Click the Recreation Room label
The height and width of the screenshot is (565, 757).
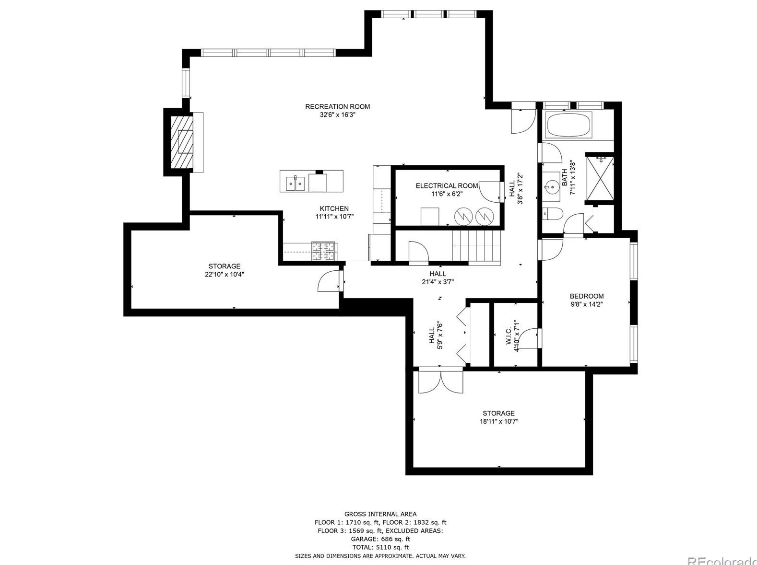tap(337, 106)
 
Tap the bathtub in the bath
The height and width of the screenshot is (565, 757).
tap(569, 125)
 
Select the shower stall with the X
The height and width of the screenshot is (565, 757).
tap(600, 178)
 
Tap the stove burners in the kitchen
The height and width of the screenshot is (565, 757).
tap(324, 252)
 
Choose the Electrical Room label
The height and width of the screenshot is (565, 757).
tap(447, 186)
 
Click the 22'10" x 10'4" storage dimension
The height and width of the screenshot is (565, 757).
tap(225, 275)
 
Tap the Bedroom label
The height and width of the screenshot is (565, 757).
tap(586, 296)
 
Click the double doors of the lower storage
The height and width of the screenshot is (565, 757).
tap(440, 381)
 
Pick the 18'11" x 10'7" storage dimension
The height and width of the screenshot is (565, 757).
tap(499, 422)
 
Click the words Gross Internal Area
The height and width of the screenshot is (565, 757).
tap(380, 514)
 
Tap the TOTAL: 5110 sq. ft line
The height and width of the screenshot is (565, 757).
tap(380, 547)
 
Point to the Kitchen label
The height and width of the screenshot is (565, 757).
tap(334, 208)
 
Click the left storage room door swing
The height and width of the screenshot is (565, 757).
tap(329, 282)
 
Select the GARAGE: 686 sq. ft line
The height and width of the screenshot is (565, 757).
tap(380, 539)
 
